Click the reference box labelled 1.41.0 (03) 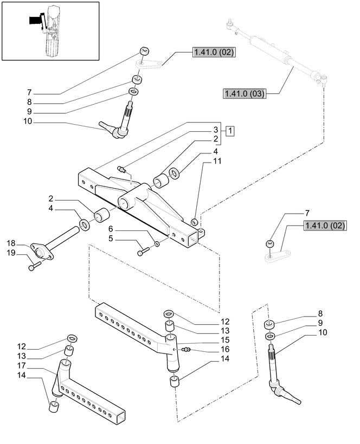tap(243, 94)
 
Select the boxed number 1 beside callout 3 tap(230, 131)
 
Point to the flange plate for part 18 tap(38, 251)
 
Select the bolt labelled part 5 tap(144, 251)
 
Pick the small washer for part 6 tap(157, 244)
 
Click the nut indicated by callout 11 tap(194, 222)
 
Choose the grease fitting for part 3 tap(123, 169)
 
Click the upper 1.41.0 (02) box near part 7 tap(213, 53)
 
